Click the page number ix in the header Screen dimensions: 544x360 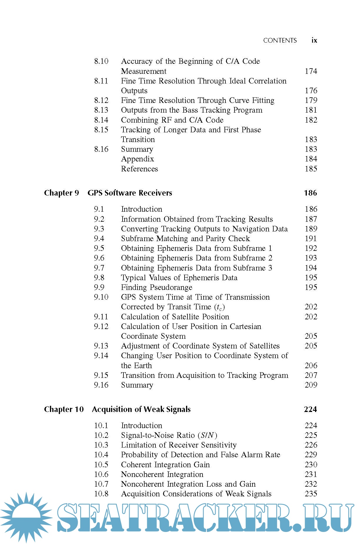point(314,40)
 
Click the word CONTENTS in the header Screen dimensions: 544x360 point(280,41)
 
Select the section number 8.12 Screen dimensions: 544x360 point(101,100)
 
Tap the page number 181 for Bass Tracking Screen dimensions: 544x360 point(311,110)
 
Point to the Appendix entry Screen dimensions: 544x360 point(137,159)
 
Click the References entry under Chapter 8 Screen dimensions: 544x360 point(139,169)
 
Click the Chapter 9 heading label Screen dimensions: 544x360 point(61,193)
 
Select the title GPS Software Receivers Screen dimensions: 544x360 point(130,193)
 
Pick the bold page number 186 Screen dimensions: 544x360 point(310,193)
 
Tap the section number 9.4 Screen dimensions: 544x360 point(99,238)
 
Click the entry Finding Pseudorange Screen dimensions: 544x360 point(157,287)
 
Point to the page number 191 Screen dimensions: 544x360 point(311,238)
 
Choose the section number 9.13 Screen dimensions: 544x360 point(101,346)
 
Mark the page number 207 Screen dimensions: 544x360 point(311,375)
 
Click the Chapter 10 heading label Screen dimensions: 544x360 point(64,409)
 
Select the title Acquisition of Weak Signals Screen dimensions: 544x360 point(141,409)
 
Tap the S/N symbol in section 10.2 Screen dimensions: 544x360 point(207,435)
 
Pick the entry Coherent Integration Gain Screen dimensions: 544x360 point(165,465)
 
